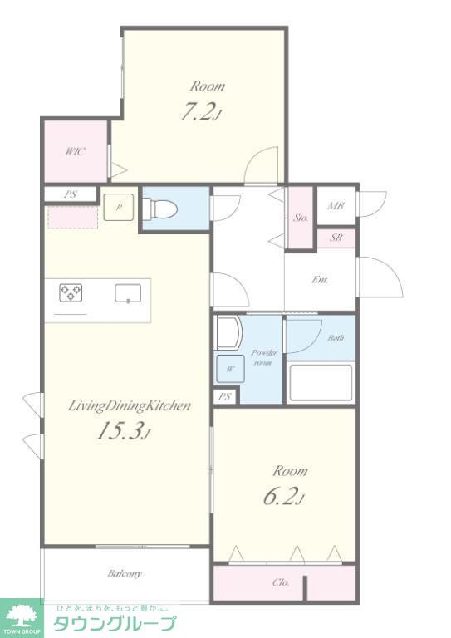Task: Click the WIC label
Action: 76,152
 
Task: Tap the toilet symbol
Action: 161,209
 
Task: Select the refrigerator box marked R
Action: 118,207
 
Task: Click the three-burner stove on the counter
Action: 71,293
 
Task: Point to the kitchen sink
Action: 128,293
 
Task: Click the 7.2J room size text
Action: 201,112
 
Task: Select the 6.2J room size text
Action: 284,496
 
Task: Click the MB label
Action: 336,205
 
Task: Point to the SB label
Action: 336,238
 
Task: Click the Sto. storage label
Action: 301,218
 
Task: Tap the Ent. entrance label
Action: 320,280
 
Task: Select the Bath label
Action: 336,338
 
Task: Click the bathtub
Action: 320,383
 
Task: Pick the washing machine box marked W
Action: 230,369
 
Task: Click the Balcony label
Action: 125,574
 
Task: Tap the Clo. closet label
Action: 281,582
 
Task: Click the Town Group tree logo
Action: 20,616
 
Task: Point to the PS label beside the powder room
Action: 224,396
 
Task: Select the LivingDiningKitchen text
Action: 129,406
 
